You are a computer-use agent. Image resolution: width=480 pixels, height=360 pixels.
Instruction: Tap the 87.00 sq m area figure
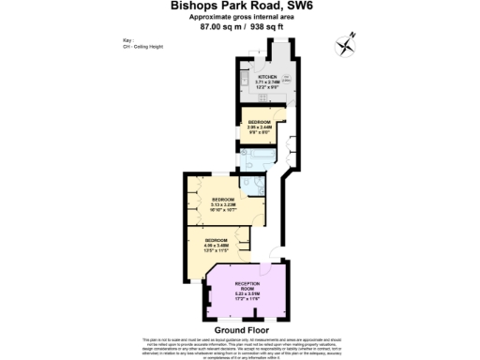point(220,27)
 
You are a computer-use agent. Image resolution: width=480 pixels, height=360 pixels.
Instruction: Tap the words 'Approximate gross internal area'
point(241,17)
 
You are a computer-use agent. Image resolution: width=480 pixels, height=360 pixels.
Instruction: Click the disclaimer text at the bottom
point(240,347)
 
